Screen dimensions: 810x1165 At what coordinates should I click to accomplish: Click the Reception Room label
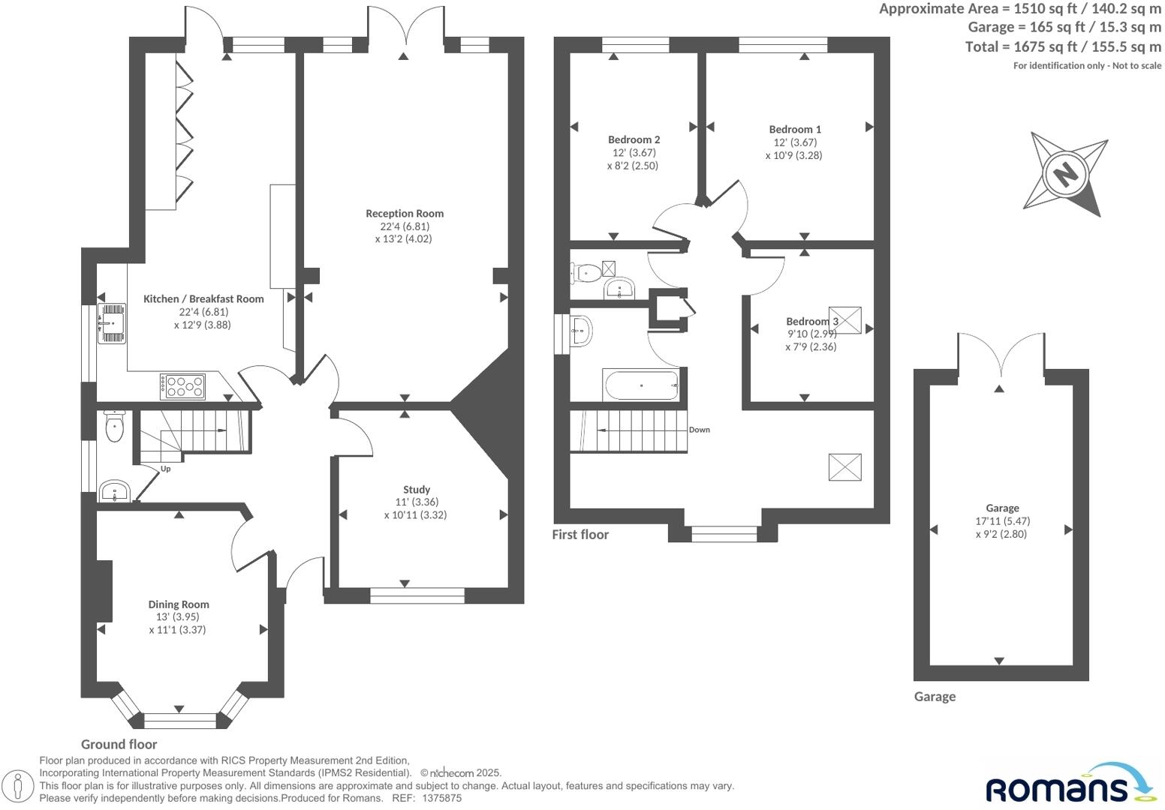[405, 214]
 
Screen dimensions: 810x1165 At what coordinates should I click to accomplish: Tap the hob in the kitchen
[182, 386]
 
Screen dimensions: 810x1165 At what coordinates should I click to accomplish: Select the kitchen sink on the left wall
[111, 323]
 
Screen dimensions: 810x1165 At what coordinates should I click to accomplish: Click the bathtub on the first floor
[641, 385]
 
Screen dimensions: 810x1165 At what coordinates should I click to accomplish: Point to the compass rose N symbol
[1064, 174]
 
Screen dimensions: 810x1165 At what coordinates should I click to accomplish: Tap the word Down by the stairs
[699, 430]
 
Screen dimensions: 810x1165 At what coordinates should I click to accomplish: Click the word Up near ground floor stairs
[166, 469]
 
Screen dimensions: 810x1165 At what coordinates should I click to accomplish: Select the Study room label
[417, 490]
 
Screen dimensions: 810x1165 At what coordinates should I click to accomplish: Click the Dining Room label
[179, 604]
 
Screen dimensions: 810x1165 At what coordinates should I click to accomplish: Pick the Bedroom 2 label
[634, 139]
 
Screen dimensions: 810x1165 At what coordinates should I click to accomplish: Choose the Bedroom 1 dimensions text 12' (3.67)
[795, 142]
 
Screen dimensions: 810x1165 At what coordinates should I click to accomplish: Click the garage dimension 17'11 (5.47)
[1002, 521]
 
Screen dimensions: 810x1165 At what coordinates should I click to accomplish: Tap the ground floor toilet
[114, 428]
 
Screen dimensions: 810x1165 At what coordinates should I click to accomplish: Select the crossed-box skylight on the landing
[844, 466]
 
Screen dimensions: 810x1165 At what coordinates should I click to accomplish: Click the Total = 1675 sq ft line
[1062, 46]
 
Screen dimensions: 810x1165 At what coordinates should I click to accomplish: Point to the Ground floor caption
[119, 744]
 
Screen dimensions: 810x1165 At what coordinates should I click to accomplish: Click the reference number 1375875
[443, 799]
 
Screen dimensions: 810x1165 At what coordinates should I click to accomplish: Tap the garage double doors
[1000, 355]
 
